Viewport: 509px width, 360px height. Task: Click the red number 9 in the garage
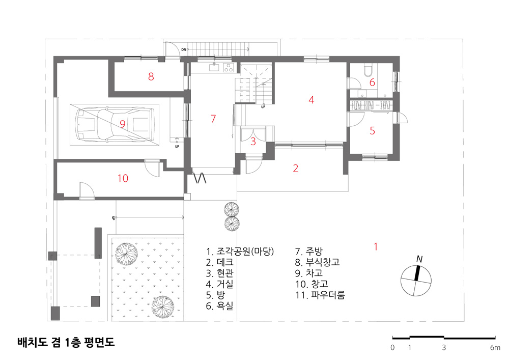coord(122,124)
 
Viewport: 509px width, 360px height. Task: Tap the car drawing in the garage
coord(115,125)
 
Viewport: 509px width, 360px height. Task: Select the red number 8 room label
coord(151,76)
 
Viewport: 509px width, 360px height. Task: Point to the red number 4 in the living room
coord(312,100)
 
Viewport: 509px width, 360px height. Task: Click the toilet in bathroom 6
coord(368,71)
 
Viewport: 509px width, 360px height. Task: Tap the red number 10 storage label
coord(123,178)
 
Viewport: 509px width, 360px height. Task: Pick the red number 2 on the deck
coord(295,168)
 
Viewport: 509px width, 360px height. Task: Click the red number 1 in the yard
coord(376,247)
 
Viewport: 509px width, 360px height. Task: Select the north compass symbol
coord(416,281)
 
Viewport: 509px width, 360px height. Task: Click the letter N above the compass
coord(419,259)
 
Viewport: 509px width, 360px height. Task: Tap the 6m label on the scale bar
coord(495,348)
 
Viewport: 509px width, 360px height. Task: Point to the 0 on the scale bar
coord(392,348)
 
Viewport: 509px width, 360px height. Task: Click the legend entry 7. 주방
coord(309,251)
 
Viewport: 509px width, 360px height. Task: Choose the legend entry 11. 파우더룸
coord(320,295)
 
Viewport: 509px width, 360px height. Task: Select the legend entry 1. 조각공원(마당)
coord(240,251)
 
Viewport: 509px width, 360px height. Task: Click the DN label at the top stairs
coord(184,50)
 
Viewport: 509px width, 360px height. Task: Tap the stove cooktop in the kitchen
coord(229,68)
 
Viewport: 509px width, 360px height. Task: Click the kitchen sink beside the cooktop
coord(214,68)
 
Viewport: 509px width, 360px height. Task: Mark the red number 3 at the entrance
coord(253,142)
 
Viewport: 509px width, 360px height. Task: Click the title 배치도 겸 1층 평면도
coord(66,342)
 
